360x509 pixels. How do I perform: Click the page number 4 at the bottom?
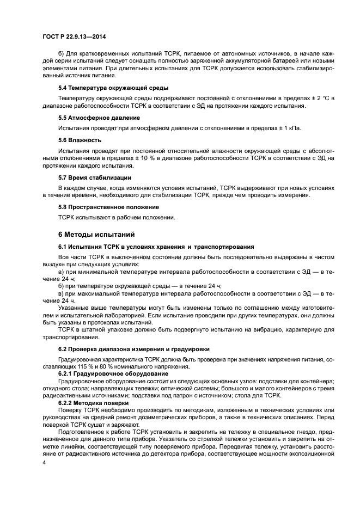(x=45, y=462)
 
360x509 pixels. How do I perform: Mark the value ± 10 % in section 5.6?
(x=143, y=157)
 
